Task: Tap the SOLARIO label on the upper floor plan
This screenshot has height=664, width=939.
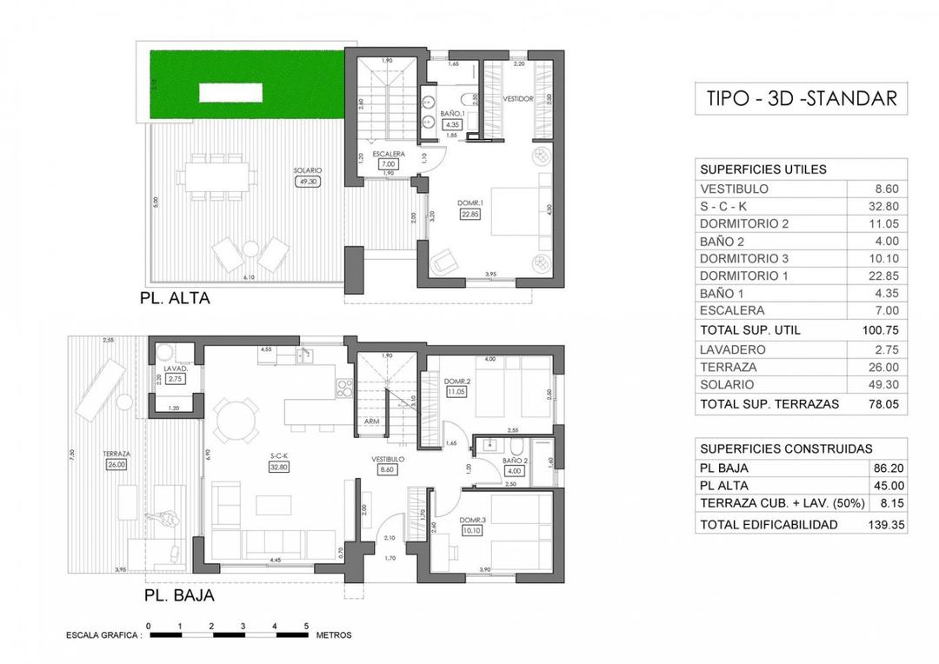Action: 308,169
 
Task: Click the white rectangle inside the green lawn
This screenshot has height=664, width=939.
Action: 232,91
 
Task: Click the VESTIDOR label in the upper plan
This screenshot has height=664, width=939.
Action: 518,99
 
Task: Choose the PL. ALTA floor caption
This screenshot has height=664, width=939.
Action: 176,298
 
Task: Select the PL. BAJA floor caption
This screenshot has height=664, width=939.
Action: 178,596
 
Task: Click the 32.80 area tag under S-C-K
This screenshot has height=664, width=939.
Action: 278,466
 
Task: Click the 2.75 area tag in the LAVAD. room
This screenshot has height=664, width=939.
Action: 176,378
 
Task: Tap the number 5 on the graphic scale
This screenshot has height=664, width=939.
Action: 305,625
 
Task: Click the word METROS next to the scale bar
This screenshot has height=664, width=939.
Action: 334,635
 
